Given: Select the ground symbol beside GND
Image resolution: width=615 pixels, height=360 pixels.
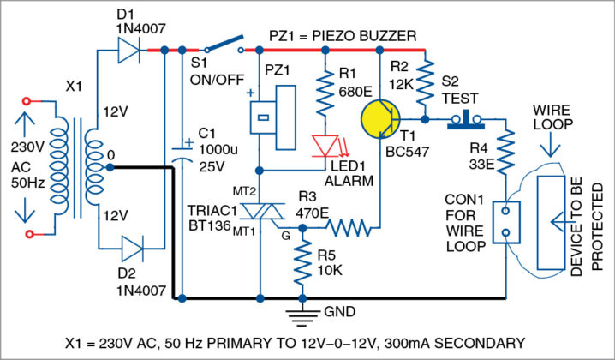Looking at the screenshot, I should point(302,316).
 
